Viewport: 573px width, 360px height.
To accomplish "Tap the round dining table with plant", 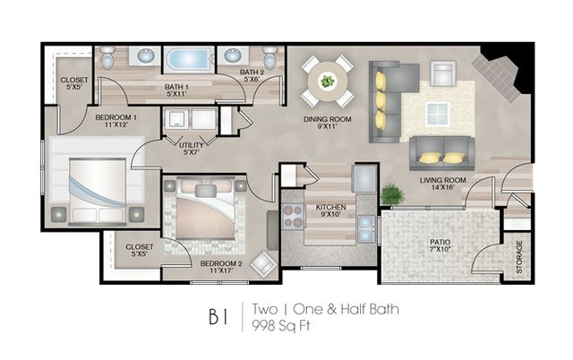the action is tap(328, 81).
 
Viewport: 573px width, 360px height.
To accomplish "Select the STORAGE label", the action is tap(519, 257).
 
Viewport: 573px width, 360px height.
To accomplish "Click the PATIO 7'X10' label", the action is tap(440, 245).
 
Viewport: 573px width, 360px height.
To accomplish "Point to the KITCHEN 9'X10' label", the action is tap(330, 210).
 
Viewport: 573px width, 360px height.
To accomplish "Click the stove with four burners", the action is tap(294, 216).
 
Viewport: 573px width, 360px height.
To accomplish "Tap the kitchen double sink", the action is tap(366, 228).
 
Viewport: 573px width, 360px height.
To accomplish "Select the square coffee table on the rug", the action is tap(438, 114).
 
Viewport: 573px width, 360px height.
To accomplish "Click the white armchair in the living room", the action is tap(443, 73).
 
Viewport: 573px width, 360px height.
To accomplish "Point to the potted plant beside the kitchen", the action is tap(392, 194).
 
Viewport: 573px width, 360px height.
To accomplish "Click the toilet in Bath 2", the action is tap(269, 57).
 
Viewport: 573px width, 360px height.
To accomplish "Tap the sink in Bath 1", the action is tap(147, 56).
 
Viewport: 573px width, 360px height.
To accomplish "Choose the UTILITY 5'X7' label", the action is tap(191, 149).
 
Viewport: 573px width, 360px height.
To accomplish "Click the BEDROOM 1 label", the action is tap(115, 117).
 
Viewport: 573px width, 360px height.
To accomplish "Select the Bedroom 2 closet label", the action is tap(140, 250).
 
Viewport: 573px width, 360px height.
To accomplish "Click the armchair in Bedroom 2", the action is tap(264, 264).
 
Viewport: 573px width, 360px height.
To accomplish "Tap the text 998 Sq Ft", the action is tap(280, 325).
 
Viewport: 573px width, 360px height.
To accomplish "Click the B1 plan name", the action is tap(218, 317).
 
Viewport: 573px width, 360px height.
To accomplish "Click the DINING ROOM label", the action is tap(327, 123).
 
